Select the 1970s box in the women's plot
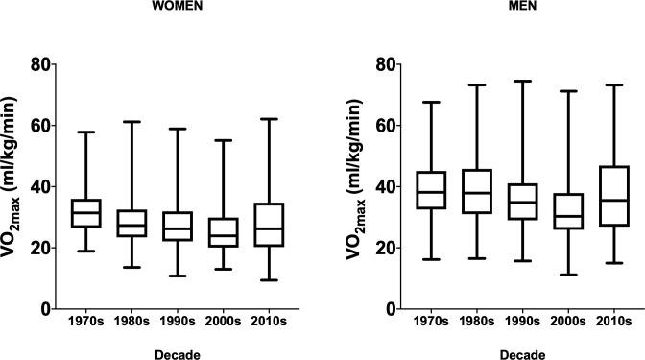pyautogui.click(x=86, y=213)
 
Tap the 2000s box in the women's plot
pyautogui.click(x=224, y=232)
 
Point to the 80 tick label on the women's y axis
pyautogui.click(x=41, y=64)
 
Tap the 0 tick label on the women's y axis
pyautogui.click(x=46, y=309)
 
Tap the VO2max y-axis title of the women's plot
pyautogui.click(x=13, y=186)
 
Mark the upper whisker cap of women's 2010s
pyautogui.click(x=270, y=119)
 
